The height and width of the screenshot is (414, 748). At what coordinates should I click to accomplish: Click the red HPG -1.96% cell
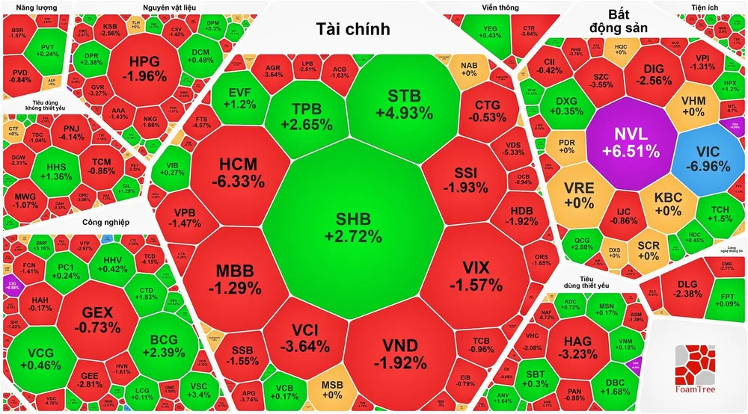coord(140,69)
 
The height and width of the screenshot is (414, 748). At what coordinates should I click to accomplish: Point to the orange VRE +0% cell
coord(579,194)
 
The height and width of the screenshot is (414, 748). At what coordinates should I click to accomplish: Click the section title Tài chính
coord(354,29)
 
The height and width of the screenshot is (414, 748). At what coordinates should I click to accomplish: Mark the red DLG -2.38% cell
coord(686,289)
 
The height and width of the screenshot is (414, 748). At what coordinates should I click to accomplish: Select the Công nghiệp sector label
coord(102,222)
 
